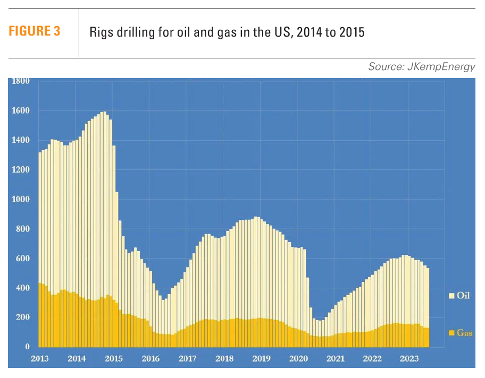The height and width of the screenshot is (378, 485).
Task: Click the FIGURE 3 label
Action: (x=34, y=32)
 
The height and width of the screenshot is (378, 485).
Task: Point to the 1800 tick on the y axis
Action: (x=21, y=81)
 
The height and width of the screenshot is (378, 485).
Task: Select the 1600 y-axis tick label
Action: (x=21, y=111)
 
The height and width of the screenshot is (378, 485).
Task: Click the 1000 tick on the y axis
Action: (x=21, y=200)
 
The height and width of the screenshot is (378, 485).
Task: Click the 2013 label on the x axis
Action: (x=40, y=358)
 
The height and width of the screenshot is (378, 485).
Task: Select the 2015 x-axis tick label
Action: (x=113, y=358)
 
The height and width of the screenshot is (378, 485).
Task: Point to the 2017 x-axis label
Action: (x=187, y=358)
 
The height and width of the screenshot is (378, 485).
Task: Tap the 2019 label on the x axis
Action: (x=261, y=358)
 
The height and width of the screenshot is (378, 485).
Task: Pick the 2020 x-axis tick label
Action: (x=298, y=358)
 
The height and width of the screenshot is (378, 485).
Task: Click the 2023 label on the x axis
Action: (x=409, y=358)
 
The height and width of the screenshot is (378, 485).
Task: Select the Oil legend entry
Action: (x=460, y=295)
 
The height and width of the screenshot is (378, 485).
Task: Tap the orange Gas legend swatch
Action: (x=451, y=333)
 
